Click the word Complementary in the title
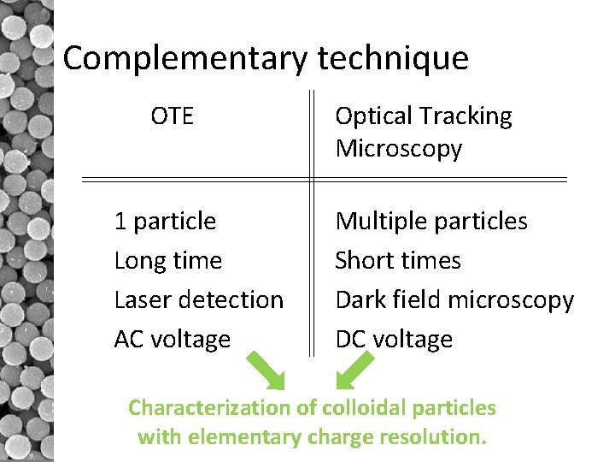(x=185, y=58)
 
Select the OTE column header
(x=172, y=115)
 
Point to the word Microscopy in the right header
(x=399, y=148)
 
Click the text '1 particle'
(x=165, y=222)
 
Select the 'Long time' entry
(x=167, y=261)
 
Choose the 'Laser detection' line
(x=198, y=300)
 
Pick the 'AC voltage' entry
(x=172, y=340)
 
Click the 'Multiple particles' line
(x=431, y=222)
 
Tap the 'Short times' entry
(x=398, y=261)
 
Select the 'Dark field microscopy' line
(x=454, y=300)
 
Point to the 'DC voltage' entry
(x=394, y=340)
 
